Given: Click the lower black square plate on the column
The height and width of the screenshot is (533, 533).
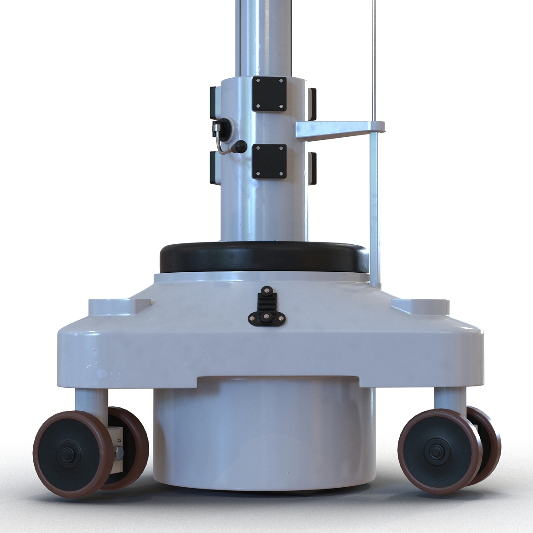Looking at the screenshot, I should click(269, 161).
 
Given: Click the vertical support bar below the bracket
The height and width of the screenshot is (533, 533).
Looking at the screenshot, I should click(374, 209).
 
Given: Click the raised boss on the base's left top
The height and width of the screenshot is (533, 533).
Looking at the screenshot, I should click(117, 305).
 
